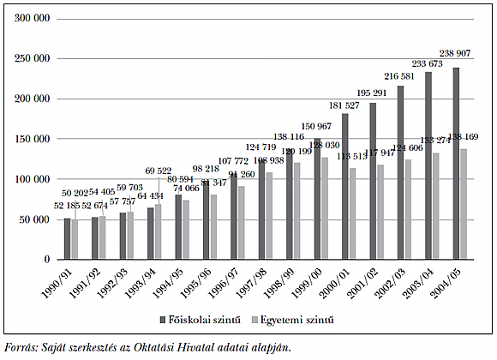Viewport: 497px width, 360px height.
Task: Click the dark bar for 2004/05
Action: click(457, 164)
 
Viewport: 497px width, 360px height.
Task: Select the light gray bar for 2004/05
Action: click(464, 204)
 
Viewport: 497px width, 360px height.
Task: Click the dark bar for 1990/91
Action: click(67, 238)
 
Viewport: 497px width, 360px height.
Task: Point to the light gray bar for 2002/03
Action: click(409, 209)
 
